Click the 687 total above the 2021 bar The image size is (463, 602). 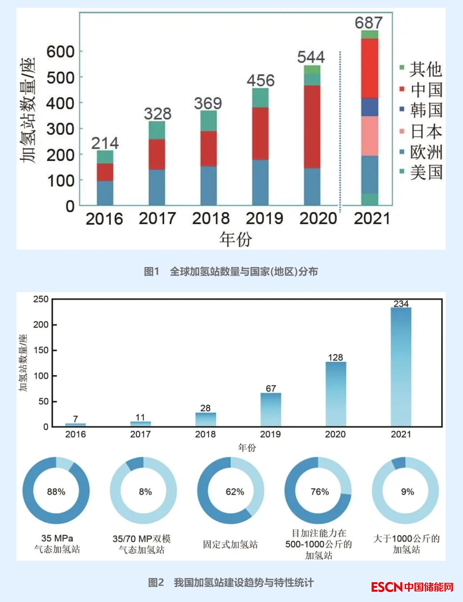tap(369, 22)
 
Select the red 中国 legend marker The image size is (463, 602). tap(402, 89)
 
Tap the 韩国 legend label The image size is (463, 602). tap(426, 110)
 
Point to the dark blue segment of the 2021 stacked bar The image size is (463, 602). tap(370, 107)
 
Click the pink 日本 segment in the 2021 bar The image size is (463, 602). tap(370, 136)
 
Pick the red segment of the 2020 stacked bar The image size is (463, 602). tap(312, 127)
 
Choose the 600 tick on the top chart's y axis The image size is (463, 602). tap(60, 52)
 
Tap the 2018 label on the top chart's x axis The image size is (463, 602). tap(211, 218)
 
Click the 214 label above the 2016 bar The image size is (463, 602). tap(105, 143)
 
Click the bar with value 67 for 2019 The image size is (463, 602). tap(271, 409)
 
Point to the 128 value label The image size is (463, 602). tap(335, 357)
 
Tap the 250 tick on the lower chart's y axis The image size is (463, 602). tap(41, 299)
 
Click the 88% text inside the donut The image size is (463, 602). tap(56, 492)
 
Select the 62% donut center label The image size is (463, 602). tap(235, 492)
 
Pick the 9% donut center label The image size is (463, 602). tap(408, 492)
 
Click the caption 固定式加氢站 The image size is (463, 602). tap(231, 545)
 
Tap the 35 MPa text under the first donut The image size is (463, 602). tap(57, 538)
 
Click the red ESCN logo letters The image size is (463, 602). tap(387, 587)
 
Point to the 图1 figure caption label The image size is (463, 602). tap(151, 271)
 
